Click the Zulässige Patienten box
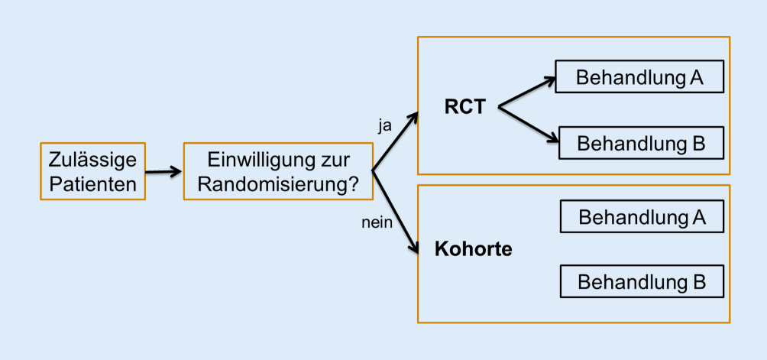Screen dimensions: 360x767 pos(92,172)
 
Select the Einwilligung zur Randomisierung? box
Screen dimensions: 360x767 pos(278,172)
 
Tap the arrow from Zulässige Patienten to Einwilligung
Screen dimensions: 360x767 pos(163,172)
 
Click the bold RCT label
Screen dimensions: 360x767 pos(464,108)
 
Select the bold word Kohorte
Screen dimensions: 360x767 pos(473,249)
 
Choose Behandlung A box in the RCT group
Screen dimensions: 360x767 pos(639,76)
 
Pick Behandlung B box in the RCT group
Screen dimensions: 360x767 pos(641,143)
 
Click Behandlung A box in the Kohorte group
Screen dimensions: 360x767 pos(642,216)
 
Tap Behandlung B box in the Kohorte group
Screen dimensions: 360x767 pos(642,281)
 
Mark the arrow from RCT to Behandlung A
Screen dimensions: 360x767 pos(527,92)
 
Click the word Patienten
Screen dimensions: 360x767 pos(92,183)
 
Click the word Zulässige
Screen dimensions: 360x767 pos(92,161)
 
